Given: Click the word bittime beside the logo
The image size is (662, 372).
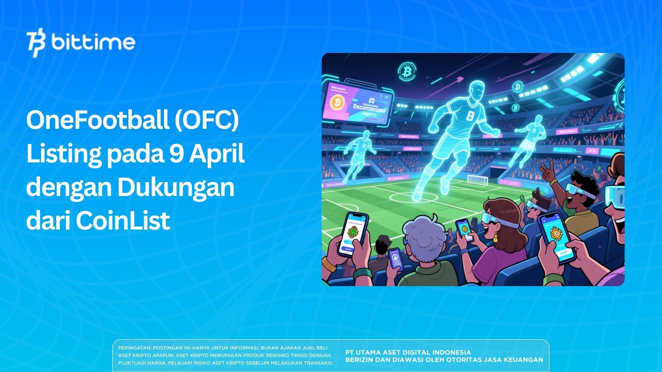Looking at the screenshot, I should (x=93, y=43).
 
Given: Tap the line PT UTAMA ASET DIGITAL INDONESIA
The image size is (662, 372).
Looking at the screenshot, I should (x=408, y=352).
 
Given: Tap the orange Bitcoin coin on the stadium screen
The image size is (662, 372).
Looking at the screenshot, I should (x=337, y=103).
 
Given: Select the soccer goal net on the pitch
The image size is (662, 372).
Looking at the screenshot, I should (x=477, y=179).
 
